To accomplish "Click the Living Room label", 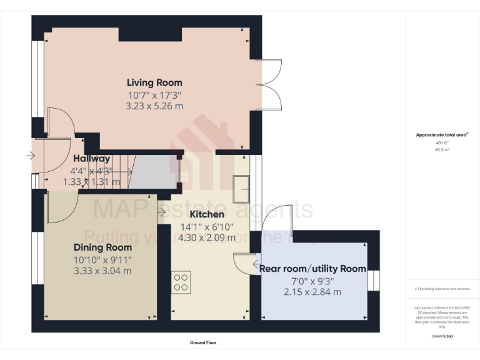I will (x=154, y=82).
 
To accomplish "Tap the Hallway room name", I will (x=91, y=159).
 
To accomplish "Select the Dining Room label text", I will (x=102, y=247).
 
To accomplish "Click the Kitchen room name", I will (x=207, y=214).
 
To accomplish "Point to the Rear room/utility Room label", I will (x=312, y=269).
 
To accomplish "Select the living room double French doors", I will (x=267, y=84).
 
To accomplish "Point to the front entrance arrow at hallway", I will (x=29, y=156).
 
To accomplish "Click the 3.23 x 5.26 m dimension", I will (x=154, y=106).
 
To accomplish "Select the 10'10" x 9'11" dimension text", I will (x=102, y=259).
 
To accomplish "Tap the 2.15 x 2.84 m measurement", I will (x=312, y=292).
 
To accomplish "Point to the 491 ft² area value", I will (x=442, y=143).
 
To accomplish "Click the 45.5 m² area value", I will (x=442, y=150).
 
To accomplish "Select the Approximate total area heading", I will (x=442, y=135).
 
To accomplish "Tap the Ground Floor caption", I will (x=203, y=342).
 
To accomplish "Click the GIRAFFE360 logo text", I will (x=442, y=336).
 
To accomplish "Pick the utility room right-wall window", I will (x=373, y=280).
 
